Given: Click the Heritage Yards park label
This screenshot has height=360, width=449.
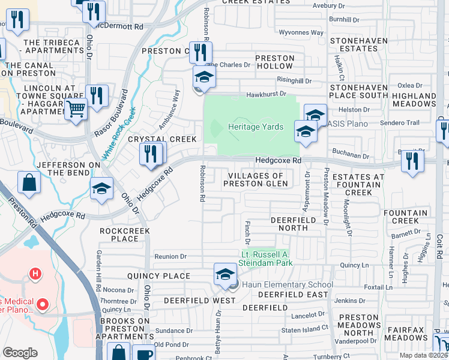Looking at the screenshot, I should click(x=255, y=127).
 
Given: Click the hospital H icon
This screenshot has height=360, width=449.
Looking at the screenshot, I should click(x=35, y=275).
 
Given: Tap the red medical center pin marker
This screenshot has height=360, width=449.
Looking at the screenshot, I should click(x=42, y=305).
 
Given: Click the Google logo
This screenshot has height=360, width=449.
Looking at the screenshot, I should click(x=20, y=353).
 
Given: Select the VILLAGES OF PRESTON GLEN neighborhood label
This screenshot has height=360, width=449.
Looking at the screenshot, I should click(x=256, y=179).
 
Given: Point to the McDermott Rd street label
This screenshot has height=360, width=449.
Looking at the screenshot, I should click(x=122, y=27).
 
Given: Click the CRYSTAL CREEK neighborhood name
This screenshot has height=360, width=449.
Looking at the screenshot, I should click(x=162, y=139).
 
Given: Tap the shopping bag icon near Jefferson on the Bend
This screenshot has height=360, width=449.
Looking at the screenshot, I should click(x=29, y=182).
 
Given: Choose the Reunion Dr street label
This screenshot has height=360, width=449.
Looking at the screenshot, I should click(x=170, y=257).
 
